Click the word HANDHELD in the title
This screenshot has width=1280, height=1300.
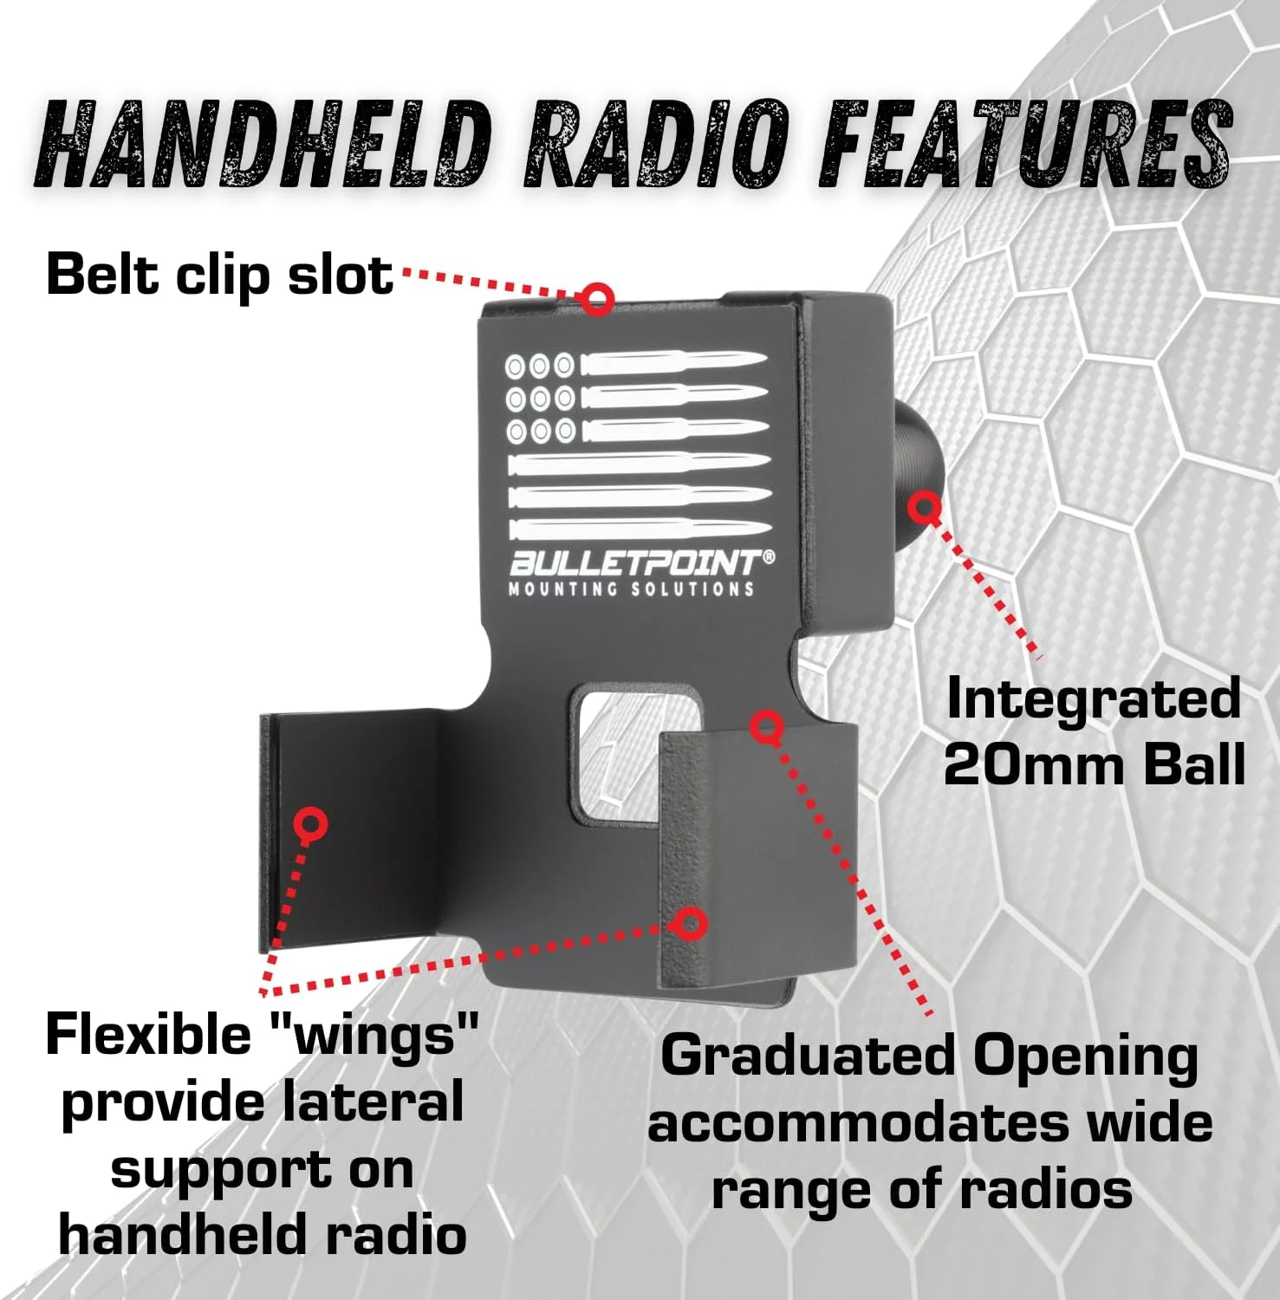click(x=264, y=145)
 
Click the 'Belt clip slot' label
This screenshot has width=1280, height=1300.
click(x=219, y=275)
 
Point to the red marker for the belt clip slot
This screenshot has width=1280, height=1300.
click(x=596, y=299)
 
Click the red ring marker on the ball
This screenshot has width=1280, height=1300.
click(x=925, y=507)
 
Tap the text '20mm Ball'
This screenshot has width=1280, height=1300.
click(x=1094, y=765)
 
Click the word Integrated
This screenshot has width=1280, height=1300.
click(x=1094, y=699)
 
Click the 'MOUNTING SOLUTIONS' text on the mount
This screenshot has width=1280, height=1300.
click(x=631, y=590)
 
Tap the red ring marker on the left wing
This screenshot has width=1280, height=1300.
click(x=309, y=823)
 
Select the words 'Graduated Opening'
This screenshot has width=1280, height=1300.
click(x=929, y=1056)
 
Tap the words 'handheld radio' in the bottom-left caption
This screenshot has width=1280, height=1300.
click(x=262, y=1235)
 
